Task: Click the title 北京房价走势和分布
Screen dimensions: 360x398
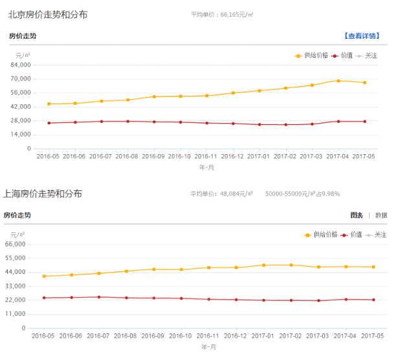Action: pos(48,14)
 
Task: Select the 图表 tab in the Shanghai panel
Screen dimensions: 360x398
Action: pos(357,216)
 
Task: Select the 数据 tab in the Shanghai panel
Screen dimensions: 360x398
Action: pos(381,216)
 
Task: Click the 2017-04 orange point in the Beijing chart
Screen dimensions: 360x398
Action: pos(338,81)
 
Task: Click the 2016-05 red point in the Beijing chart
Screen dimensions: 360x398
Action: pos(49,123)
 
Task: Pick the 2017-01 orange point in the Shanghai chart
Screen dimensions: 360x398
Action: pos(263,265)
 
